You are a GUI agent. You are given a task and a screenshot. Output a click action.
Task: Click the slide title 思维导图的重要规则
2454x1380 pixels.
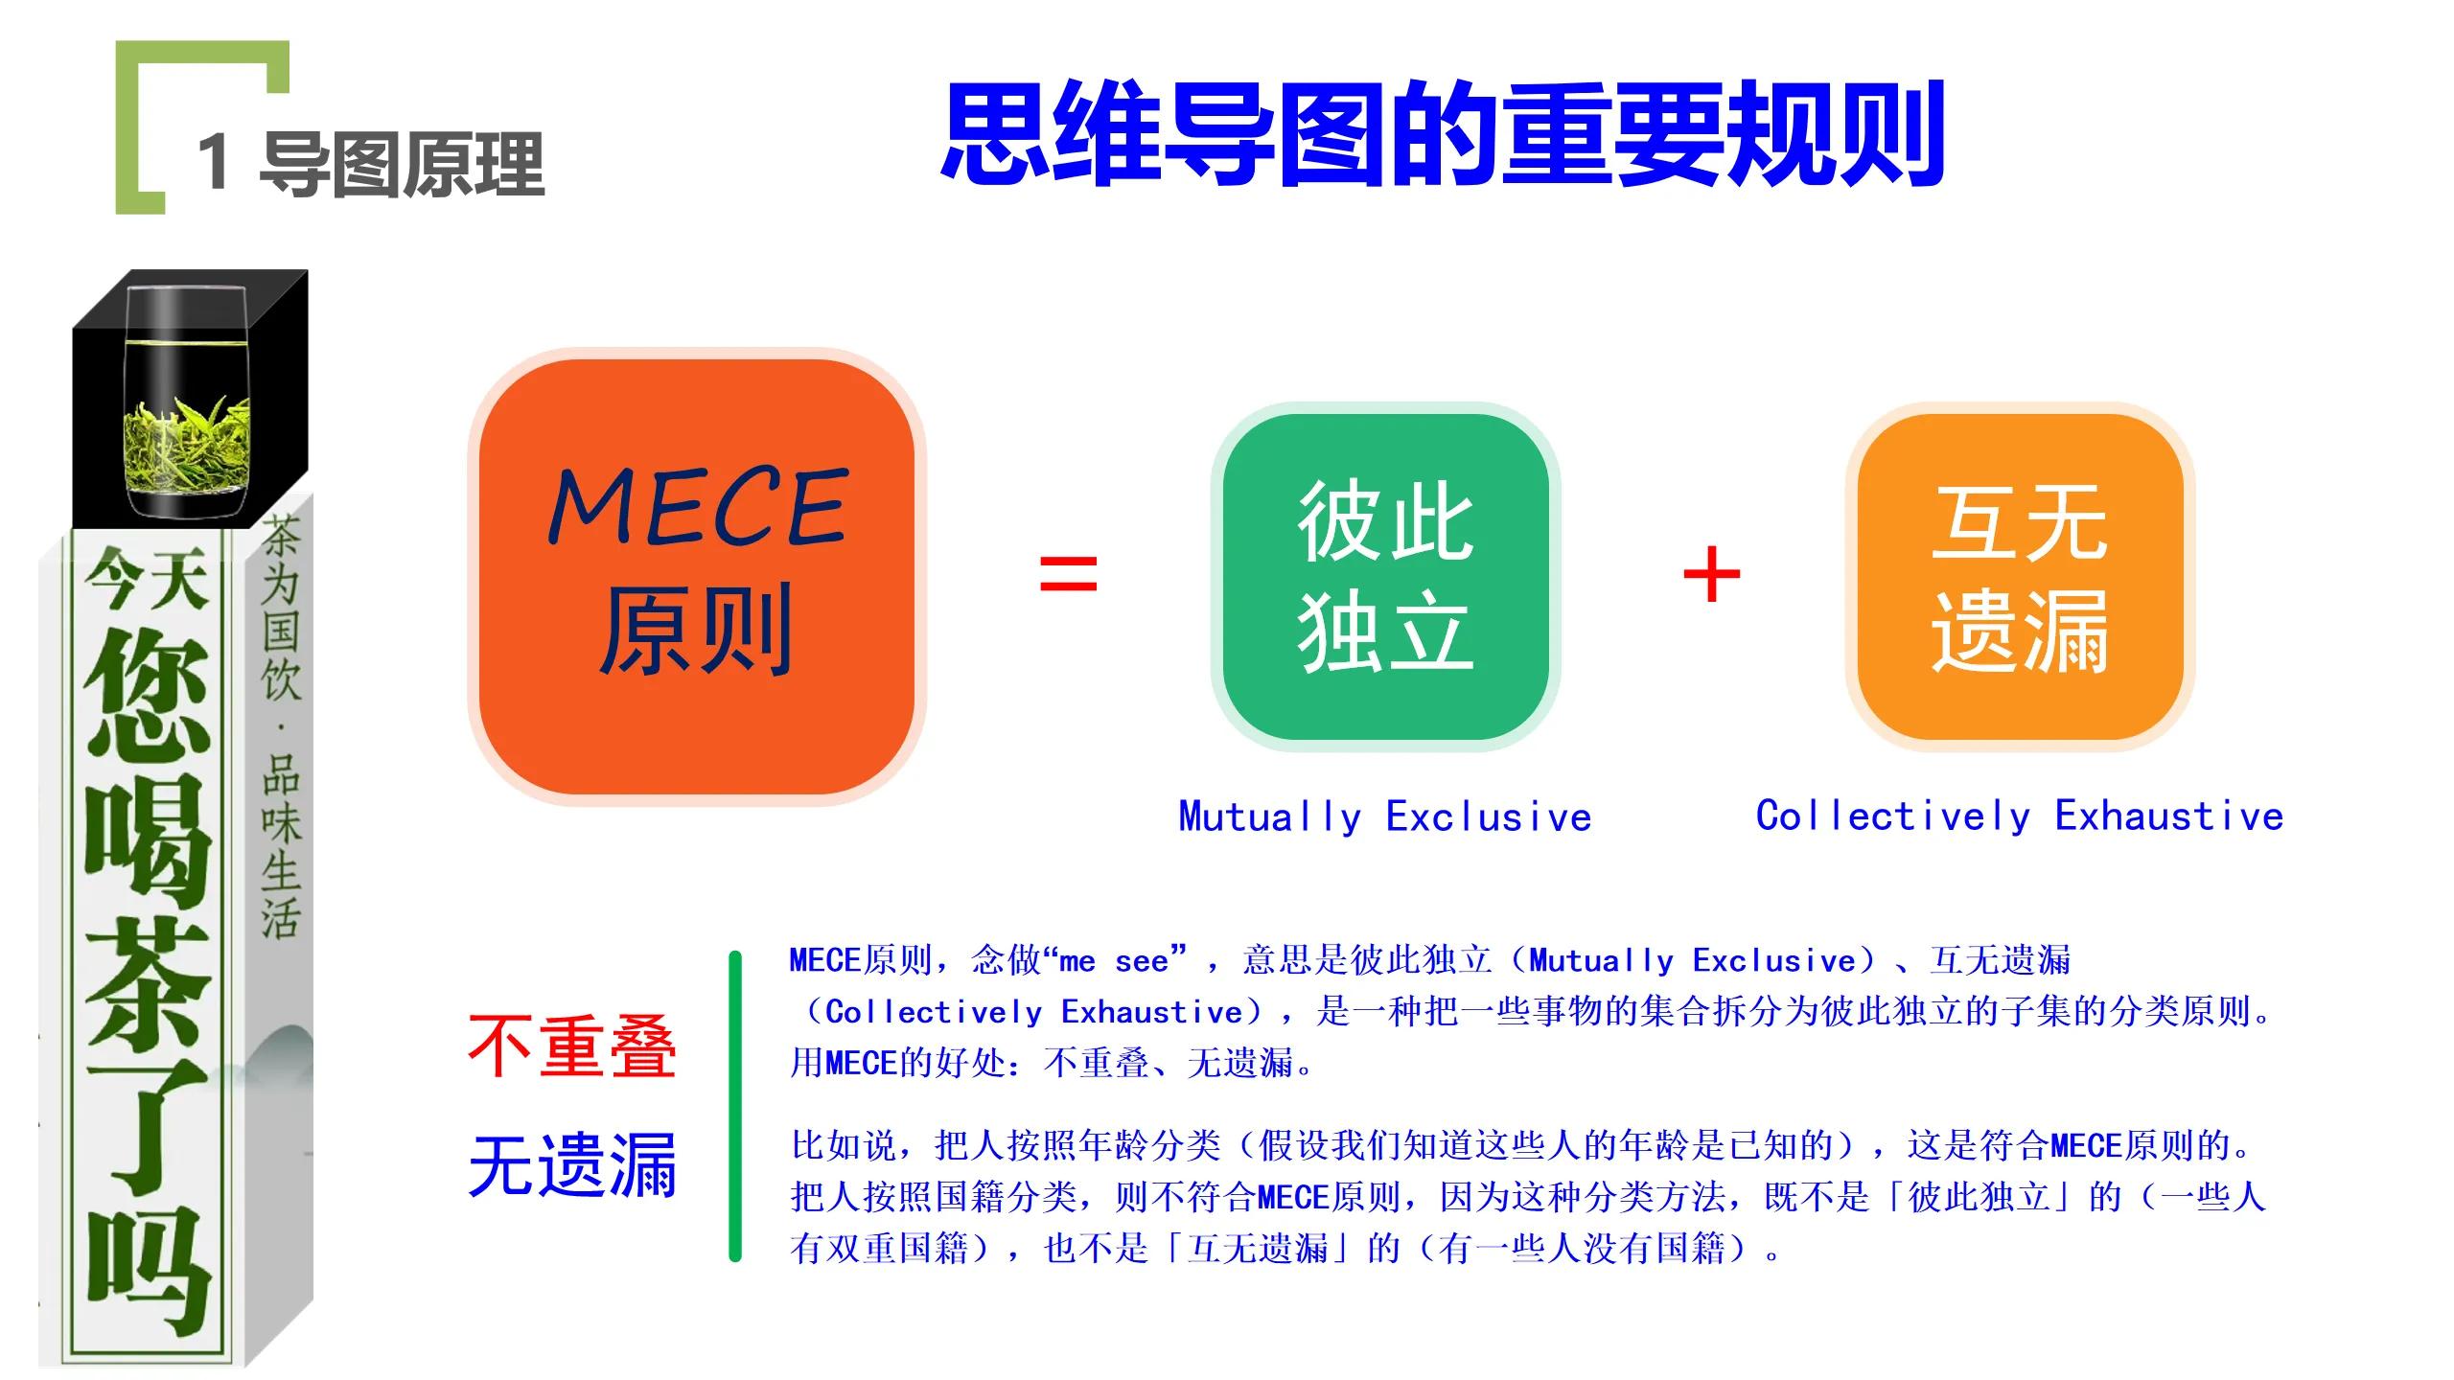(x=1443, y=134)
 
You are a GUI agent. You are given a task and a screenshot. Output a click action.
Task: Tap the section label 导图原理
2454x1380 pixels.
(x=403, y=165)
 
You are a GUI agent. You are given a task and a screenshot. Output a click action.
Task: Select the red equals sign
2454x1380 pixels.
(x=1069, y=573)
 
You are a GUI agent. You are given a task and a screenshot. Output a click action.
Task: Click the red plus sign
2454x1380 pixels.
(x=1712, y=574)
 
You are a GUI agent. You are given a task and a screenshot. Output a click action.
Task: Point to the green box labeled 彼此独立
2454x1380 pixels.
(x=1386, y=577)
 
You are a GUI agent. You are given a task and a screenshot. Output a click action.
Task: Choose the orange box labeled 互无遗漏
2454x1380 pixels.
(x=2021, y=577)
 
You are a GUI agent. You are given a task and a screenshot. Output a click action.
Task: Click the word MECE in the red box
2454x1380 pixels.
(x=698, y=507)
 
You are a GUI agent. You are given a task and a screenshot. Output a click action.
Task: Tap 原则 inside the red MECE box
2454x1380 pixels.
(x=697, y=629)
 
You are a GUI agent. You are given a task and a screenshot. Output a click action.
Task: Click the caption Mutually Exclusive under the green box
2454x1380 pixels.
(x=1385, y=817)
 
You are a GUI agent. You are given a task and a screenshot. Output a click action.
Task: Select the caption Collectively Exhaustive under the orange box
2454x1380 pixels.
(x=2020, y=816)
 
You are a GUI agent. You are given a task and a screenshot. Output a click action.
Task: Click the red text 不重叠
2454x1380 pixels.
(x=572, y=1046)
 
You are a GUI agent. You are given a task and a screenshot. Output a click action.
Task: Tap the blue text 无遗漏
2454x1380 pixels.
(x=572, y=1165)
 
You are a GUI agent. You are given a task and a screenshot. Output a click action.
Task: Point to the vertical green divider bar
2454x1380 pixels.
(x=735, y=1106)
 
